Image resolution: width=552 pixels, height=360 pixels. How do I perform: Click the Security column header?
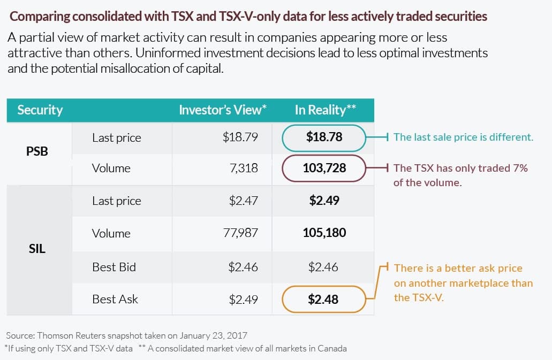coord(40,110)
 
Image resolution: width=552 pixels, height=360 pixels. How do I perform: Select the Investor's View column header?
coord(223,110)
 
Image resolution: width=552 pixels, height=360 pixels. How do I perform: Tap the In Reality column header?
coord(326,110)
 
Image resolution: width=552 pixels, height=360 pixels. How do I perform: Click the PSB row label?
coord(37,151)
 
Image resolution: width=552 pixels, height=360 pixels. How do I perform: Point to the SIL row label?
coord(37,249)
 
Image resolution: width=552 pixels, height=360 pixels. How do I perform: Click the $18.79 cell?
coord(240,137)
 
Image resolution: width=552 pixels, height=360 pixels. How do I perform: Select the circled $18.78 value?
coord(324,137)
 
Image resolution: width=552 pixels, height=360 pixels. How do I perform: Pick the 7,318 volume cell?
coord(244,168)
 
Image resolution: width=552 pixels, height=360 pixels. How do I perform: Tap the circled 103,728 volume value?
coord(324,168)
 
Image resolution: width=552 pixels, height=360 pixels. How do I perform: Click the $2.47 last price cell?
coord(243,201)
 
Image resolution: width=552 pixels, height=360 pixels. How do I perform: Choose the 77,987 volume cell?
coord(240,232)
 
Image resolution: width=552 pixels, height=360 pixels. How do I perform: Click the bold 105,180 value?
coord(324,232)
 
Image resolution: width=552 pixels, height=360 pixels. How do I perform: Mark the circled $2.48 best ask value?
coord(323,299)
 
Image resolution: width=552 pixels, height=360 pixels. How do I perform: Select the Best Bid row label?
coord(114,267)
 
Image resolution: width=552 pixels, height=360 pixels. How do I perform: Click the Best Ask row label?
coord(115,299)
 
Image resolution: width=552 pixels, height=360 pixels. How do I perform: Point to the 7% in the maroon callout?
coord(520,168)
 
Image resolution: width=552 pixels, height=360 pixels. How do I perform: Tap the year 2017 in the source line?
coord(237,335)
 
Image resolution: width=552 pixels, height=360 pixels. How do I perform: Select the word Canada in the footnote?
coord(332,348)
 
